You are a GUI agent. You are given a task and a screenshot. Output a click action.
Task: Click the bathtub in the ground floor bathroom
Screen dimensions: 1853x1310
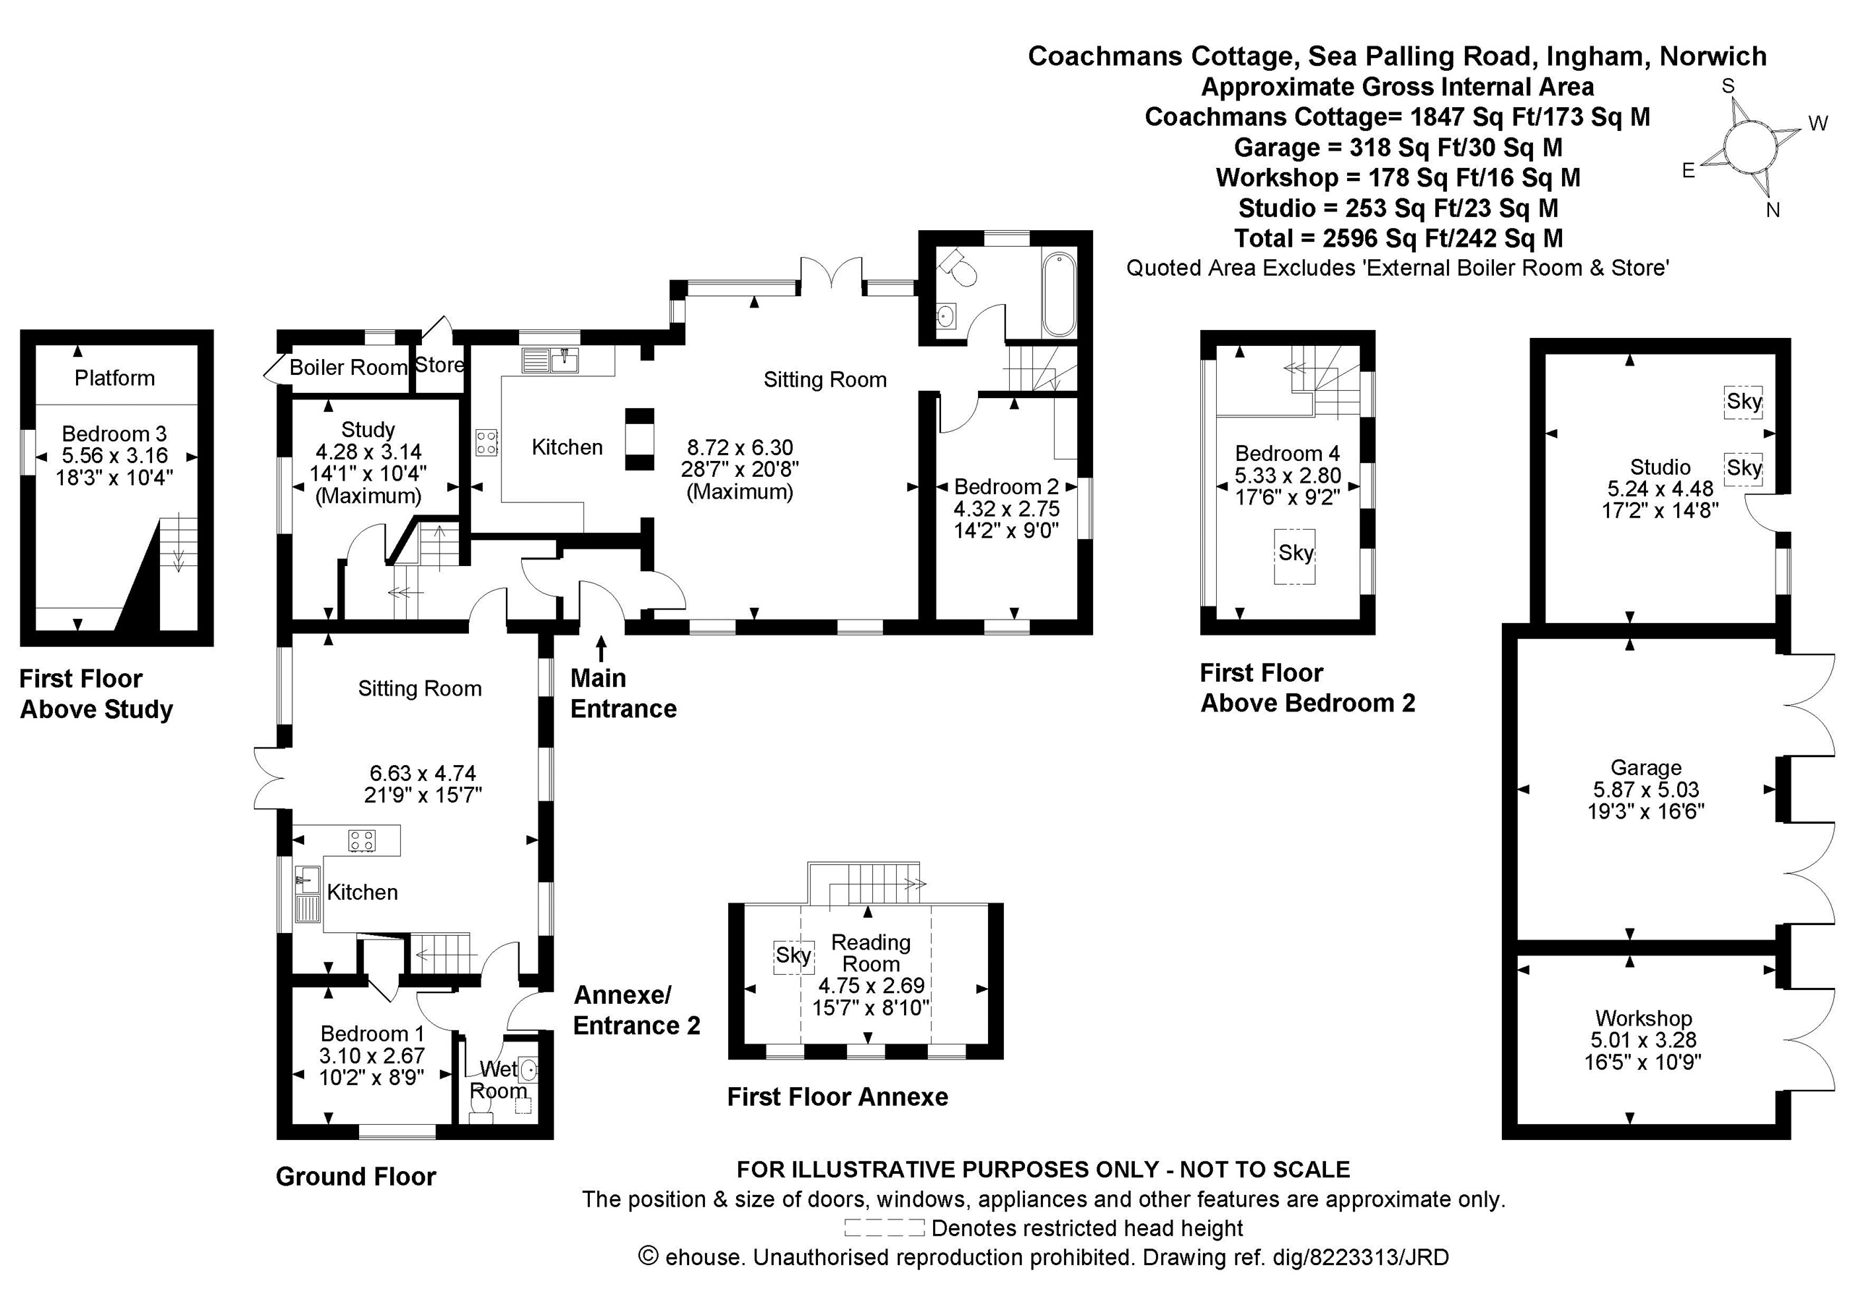tap(1059, 295)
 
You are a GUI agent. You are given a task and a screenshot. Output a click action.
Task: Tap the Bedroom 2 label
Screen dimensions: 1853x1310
tap(1005, 486)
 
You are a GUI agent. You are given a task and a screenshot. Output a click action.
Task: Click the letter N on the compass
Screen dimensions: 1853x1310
tap(1773, 211)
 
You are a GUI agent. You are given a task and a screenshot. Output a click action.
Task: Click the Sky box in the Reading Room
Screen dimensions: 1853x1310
tap(793, 955)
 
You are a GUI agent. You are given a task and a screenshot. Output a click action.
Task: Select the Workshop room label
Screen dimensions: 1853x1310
tap(1643, 1018)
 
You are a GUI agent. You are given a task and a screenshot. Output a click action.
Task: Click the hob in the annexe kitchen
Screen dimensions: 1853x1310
tap(362, 840)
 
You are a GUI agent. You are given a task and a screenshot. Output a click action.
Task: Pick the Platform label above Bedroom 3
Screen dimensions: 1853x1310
tap(114, 378)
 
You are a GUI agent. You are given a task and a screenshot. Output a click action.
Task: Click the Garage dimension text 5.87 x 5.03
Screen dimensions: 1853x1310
tap(1645, 790)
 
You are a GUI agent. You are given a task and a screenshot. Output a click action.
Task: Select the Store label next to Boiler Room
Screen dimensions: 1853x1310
tap(439, 365)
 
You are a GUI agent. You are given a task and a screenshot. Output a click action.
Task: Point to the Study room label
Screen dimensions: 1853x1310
tap(368, 429)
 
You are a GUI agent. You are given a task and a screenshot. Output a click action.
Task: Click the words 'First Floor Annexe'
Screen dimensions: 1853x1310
tap(837, 1097)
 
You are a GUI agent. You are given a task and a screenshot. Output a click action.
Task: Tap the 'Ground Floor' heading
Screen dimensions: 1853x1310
tap(356, 1177)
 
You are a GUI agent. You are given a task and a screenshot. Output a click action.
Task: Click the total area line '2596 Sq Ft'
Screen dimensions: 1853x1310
tap(1398, 239)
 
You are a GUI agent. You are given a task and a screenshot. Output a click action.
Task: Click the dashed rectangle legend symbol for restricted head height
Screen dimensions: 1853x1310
tap(884, 1227)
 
